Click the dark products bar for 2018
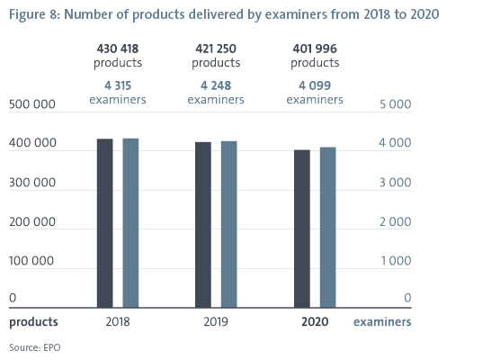pyautogui.click(x=105, y=223)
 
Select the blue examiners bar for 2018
pyautogui.click(x=130, y=223)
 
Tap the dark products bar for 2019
pyautogui.click(x=203, y=225)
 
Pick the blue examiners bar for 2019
pyautogui.click(x=229, y=224)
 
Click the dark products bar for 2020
pyautogui.click(x=302, y=229)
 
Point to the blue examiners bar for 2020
pyautogui.click(x=328, y=227)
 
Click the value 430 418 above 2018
pyautogui.click(x=118, y=49)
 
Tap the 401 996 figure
pyautogui.click(x=315, y=49)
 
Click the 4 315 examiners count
pyautogui.click(x=118, y=85)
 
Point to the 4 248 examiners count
pyautogui.click(x=216, y=85)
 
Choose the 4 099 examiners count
pyautogui.click(x=315, y=85)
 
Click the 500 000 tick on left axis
pyautogui.click(x=32, y=104)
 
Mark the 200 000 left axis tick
pyautogui.click(x=32, y=221)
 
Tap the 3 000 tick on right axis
pyautogui.click(x=396, y=183)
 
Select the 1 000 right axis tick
pyautogui.click(x=397, y=261)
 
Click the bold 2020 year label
pyautogui.click(x=315, y=321)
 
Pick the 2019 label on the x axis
pyautogui.click(x=216, y=321)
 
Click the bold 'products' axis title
pyautogui.click(x=33, y=322)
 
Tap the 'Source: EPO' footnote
pyautogui.click(x=35, y=347)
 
